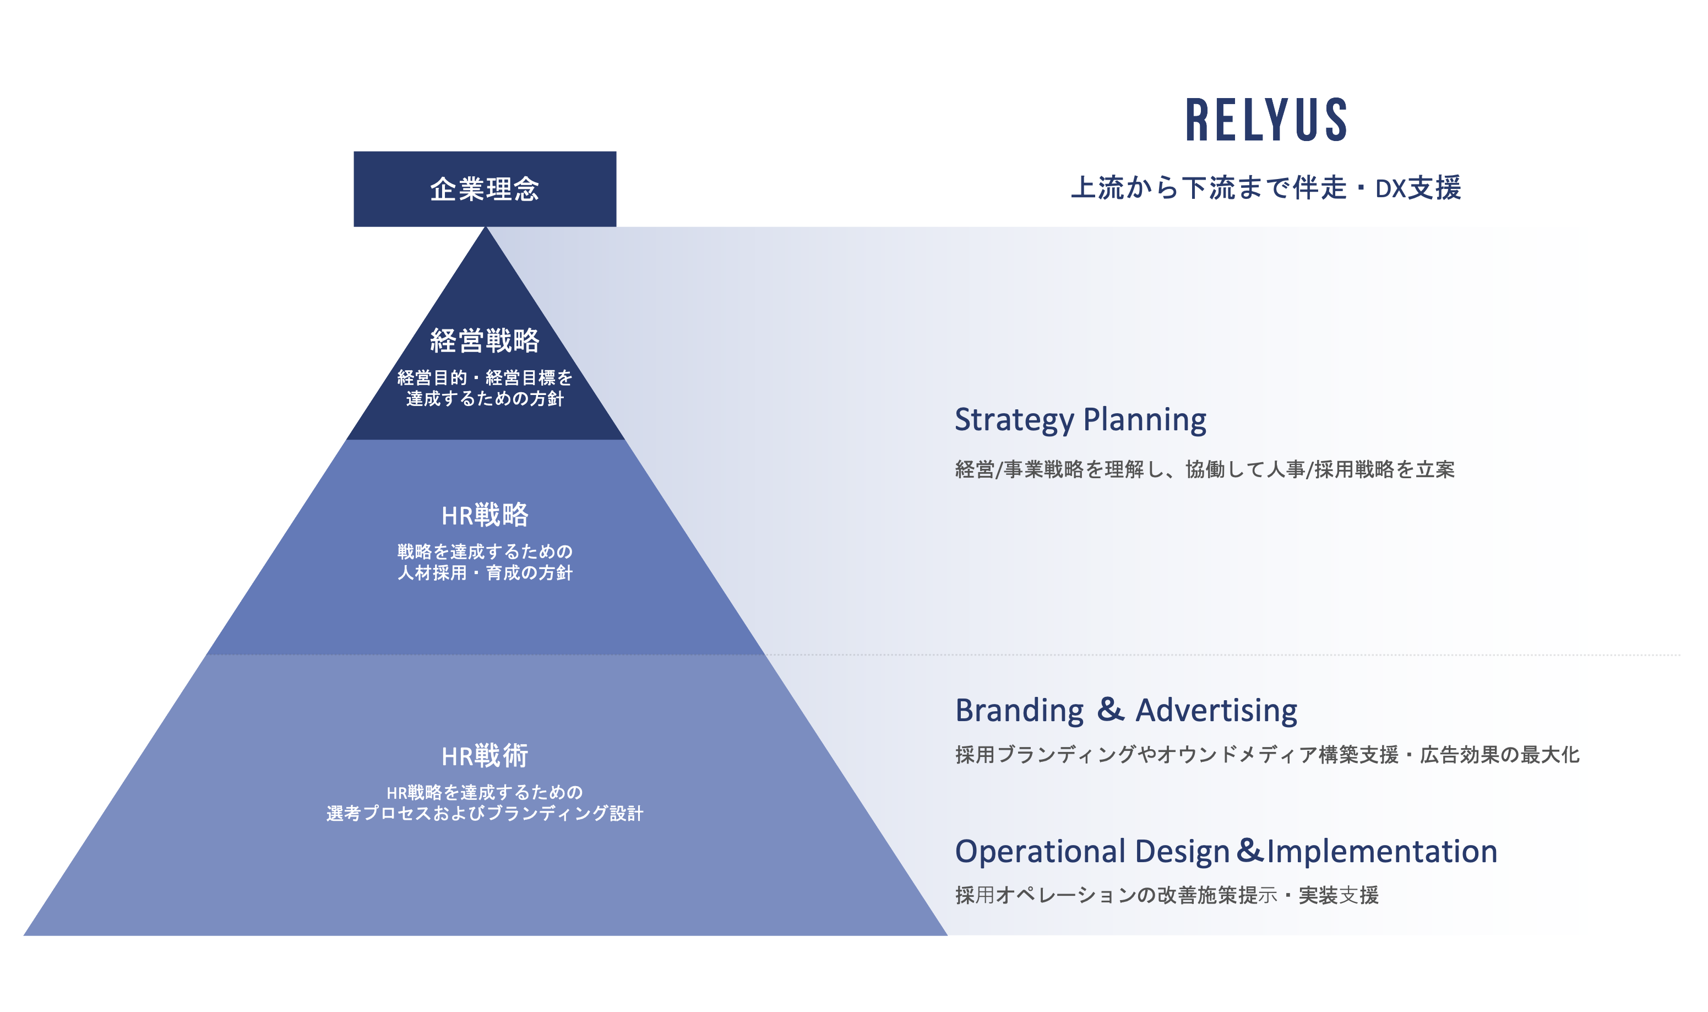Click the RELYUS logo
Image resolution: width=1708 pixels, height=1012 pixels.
1266,120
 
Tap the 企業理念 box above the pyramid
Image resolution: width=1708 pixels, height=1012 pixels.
485,189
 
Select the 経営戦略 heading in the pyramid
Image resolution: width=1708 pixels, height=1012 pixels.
485,340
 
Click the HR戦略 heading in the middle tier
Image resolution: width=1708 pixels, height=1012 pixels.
485,515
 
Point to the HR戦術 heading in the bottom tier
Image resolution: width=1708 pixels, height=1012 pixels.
485,756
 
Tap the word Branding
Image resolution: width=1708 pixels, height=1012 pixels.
1019,711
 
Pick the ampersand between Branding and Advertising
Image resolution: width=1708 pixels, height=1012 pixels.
1110,709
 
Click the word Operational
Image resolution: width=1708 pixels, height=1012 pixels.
1040,851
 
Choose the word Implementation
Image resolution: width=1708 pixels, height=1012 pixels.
1381,851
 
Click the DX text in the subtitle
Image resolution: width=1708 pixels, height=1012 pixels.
1390,189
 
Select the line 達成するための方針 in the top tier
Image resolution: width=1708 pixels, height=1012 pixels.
485,399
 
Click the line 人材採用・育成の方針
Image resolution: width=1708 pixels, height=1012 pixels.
485,573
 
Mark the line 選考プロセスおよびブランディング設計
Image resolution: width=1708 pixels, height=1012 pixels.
485,814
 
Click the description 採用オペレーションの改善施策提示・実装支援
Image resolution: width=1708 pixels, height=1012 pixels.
1167,895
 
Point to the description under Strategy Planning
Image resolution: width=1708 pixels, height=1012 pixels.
1204,469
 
